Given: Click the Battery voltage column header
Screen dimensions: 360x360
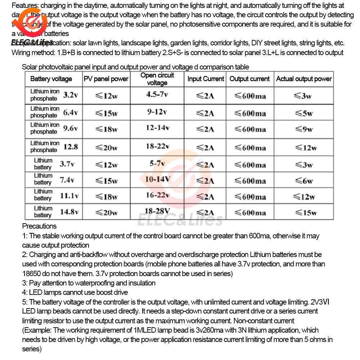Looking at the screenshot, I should [51, 79].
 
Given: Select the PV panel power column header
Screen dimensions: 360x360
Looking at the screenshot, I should [106, 79].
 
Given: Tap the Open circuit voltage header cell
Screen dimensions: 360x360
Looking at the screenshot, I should [157, 79].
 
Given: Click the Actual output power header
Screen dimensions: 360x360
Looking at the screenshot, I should [304, 79].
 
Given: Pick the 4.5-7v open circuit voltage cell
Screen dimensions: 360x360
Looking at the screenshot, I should [157, 95].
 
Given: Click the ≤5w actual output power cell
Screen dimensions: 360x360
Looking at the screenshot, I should [303, 113].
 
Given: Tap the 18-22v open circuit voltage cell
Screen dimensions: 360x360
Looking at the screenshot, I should [157, 146].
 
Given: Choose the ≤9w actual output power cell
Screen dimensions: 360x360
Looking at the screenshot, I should [303, 129].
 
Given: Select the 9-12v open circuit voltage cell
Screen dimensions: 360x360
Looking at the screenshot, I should [157, 112].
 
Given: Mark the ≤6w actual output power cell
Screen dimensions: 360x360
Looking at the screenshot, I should [303, 181].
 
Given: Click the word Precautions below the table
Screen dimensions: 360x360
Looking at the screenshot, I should [39, 226].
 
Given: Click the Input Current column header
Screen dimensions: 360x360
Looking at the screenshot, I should [206, 79].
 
